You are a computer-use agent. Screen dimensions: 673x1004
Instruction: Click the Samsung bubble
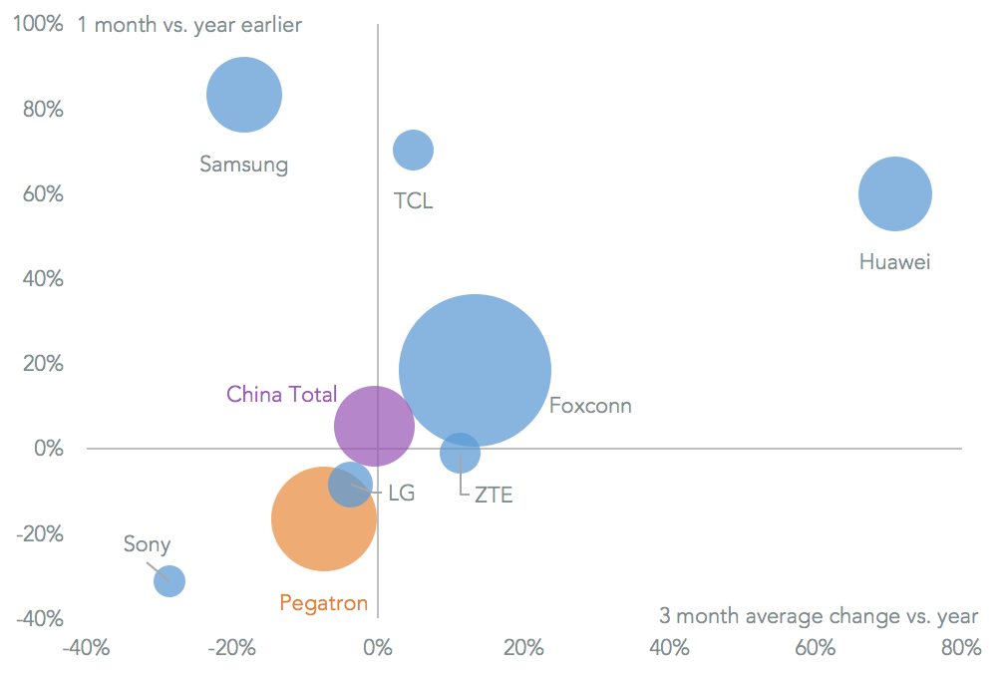[x=244, y=95]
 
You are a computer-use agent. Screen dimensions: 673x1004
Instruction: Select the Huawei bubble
[x=895, y=194]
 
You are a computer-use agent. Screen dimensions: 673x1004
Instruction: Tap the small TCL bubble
[x=413, y=151]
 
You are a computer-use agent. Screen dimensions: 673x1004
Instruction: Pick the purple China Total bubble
[x=374, y=427]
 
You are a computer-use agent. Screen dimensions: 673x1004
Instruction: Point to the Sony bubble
[x=169, y=580]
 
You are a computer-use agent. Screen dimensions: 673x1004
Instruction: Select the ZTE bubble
[x=460, y=454]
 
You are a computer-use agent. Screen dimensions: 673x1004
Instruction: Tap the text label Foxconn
[x=590, y=406]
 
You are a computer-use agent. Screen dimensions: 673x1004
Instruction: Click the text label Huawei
[x=894, y=262]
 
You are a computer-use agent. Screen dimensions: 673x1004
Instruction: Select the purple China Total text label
[x=281, y=394]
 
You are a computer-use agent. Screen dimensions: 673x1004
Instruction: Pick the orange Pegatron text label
[x=323, y=603]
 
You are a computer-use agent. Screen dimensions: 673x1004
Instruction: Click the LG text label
[x=401, y=493]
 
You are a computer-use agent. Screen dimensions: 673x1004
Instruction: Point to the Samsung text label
[x=243, y=165]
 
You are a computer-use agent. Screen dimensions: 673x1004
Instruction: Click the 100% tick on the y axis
[x=37, y=23]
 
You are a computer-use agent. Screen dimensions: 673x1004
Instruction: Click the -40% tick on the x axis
[x=86, y=648]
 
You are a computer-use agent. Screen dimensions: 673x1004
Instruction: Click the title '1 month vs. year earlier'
[x=189, y=25]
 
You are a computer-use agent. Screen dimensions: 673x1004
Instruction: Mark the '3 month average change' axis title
[x=819, y=616]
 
